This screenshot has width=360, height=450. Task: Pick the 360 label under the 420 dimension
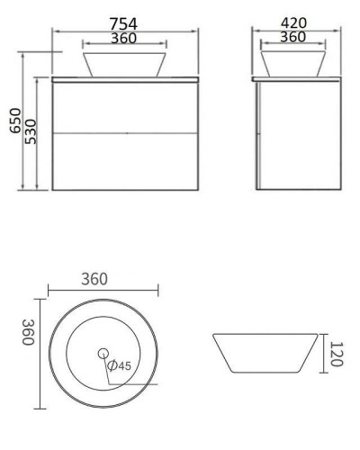[292, 37]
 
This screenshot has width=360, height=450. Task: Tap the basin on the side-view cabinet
[292, 63]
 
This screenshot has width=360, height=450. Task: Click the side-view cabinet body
[299, 135]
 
